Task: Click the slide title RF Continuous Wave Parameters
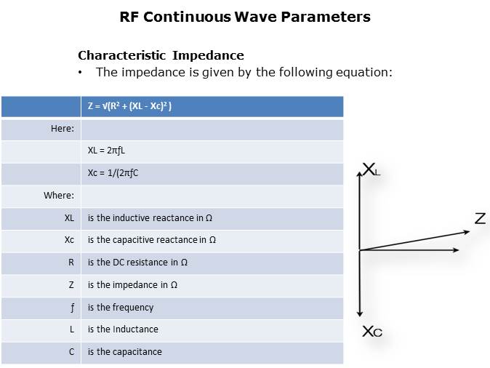245,17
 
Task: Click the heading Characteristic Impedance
161,56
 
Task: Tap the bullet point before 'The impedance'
80,73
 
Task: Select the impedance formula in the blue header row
129,106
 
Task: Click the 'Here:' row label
63,129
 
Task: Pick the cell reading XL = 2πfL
106,151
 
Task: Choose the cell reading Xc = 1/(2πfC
113,173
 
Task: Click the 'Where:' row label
59,196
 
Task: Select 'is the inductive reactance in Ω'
150,218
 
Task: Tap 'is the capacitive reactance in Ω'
152,240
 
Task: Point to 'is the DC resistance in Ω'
137,263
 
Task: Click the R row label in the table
71,263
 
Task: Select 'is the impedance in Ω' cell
132,285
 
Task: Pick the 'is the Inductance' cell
123,329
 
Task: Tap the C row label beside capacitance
71,352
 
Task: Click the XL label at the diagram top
371,169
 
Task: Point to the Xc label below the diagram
372,332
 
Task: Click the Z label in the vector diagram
481,219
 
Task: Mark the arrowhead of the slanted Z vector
470,231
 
